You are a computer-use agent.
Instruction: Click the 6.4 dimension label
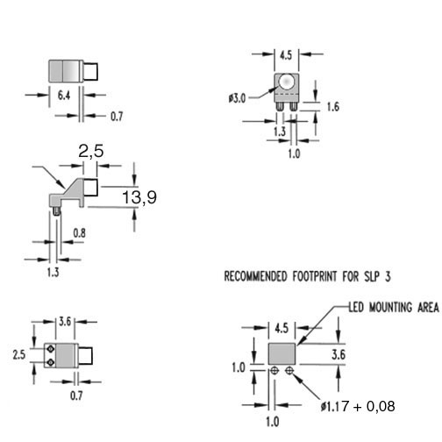[x=64, y=96]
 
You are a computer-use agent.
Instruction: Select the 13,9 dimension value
[x=139, y=197]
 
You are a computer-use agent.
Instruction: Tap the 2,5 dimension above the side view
[x=91, y=152]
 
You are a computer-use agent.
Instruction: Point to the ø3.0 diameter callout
[x=237, y=98]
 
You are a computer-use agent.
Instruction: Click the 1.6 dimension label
[x=333, y=107]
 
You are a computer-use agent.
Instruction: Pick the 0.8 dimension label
[x=79, y=233]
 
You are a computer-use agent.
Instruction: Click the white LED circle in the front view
[x=286, y=82]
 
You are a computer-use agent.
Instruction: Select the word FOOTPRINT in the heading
[x=315, y=276]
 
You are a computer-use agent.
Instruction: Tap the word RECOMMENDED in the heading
[x=255, y=276]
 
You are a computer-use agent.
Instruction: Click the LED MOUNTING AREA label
[x=394, y=307]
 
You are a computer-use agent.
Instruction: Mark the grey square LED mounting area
[x=282, y=353]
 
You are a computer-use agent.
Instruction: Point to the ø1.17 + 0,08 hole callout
[x=358, y=406]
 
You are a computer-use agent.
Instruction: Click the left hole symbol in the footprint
[x=274, y=371]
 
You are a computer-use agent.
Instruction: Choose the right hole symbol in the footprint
[x=289, y=371]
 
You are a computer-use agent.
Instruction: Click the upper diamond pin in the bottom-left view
[x=51, y=349]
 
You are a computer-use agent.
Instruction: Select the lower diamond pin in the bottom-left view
[x=51, y=362]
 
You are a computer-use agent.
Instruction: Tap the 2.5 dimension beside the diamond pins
[x=19, y=355]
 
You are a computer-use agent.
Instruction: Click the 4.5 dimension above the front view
[x=286, y=55]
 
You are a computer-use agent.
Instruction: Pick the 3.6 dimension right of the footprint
[x=339, y=355]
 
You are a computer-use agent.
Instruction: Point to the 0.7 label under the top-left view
[x=117, y=117]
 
